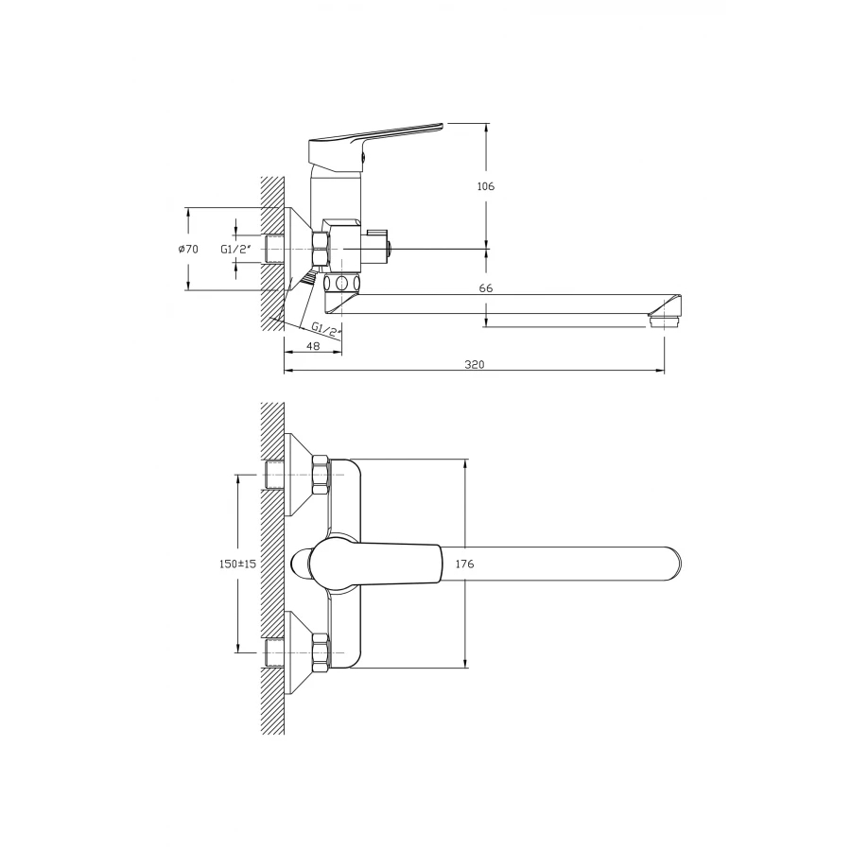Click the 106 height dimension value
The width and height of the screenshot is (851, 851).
(x=486, y=186)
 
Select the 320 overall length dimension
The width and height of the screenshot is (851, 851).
(x=475, y=364)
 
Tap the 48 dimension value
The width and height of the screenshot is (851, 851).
(x=313, y=346)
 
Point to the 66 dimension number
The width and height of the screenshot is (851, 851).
(x=486, y=288)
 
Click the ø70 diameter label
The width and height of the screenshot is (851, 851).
(x=188, y=249)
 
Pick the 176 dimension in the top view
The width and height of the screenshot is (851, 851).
(x=464, y=564)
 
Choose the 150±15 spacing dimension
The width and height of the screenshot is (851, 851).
(x=237, y=564)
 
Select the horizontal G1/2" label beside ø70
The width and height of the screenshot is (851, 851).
(x=236, y=249)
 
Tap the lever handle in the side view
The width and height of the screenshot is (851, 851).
(x=374, y=141)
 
